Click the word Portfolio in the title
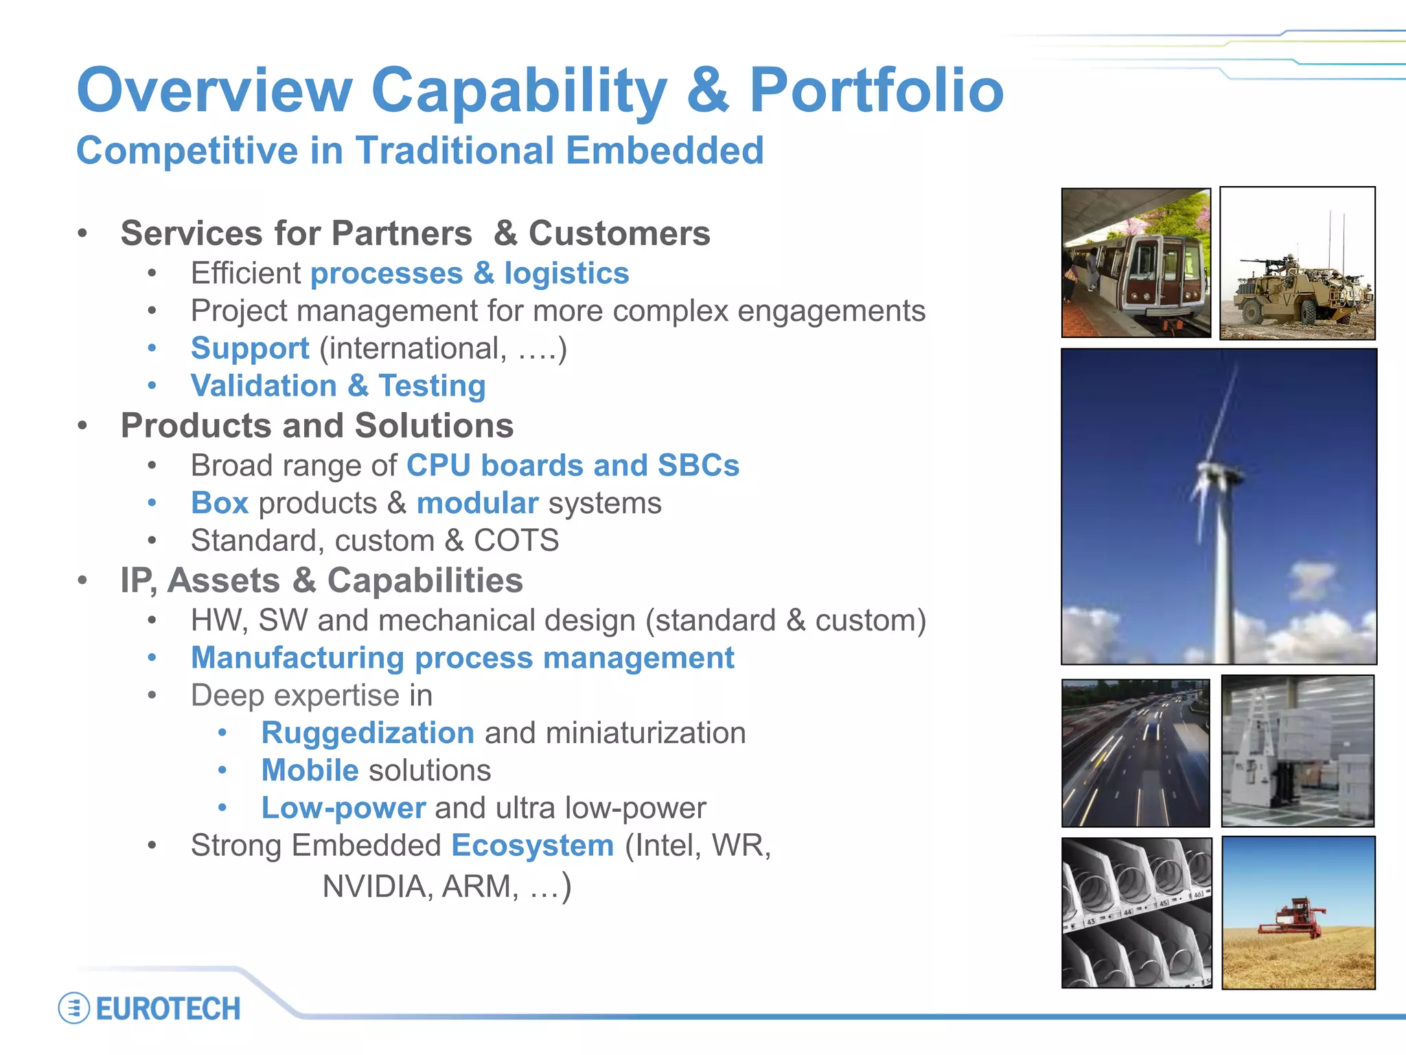876,91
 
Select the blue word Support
250,348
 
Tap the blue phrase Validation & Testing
338,385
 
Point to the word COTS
516,541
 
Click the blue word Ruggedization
367,733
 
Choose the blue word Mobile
310,771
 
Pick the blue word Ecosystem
533,846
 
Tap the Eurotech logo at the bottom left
150,1008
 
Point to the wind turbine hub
1219,473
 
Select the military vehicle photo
1297,264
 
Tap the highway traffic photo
1136,753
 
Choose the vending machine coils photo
1137,913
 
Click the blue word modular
477,503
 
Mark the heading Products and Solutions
317,426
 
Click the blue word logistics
566,273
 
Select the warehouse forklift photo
1298,751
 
